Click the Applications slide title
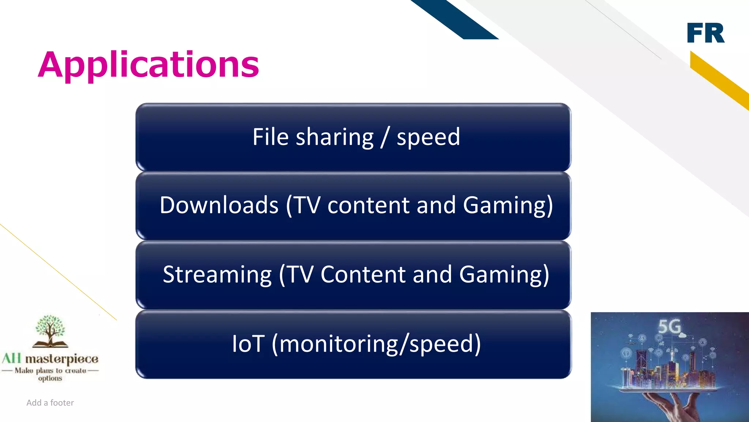coord(148,65)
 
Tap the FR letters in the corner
coord(705,33)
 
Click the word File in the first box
coord(270,137)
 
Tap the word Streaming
coord(217,274)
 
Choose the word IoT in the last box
coord(248,344)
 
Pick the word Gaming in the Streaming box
coord(504,274)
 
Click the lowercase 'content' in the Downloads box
coord(368,205)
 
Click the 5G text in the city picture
coord(670,326)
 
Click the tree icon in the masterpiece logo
coord(50,330)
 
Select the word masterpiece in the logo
coord(61,359)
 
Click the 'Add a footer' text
coord(50,403)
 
